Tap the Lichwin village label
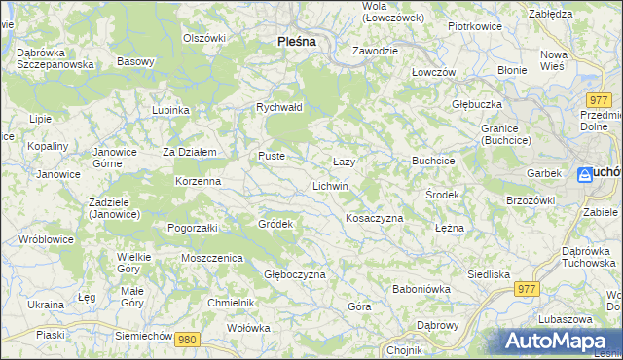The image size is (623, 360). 330,185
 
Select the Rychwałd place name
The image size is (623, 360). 279,107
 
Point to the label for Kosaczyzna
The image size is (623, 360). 374,219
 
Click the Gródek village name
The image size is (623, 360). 275,224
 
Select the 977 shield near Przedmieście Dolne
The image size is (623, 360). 599,99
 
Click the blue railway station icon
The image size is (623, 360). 584,174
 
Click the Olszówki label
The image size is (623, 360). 204,38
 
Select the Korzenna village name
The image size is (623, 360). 198,182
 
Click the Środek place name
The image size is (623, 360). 442,195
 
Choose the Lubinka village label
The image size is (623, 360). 170,110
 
